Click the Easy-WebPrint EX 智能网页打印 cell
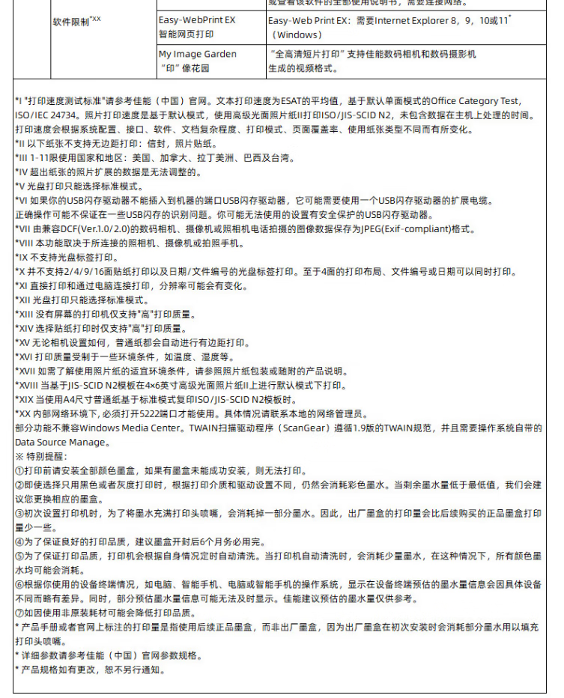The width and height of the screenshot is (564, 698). pyautogui.click(x=196, y=27)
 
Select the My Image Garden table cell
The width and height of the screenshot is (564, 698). pyautogui.click(x=196, y=61)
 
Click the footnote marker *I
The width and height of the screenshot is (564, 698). pyautogui.click(x=18, y=100)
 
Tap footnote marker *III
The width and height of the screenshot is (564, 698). pyautogui.click(x=21, y=158)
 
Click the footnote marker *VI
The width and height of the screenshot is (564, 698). pyautogui.click(x=21, y=201)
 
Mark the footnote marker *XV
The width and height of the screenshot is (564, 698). pyautogui.click(x=22, y=342)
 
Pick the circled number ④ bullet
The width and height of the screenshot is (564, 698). pyautogui.click(x=19, y=541)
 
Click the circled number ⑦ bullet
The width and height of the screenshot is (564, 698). pyautogui.click(x=19, y=613)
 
